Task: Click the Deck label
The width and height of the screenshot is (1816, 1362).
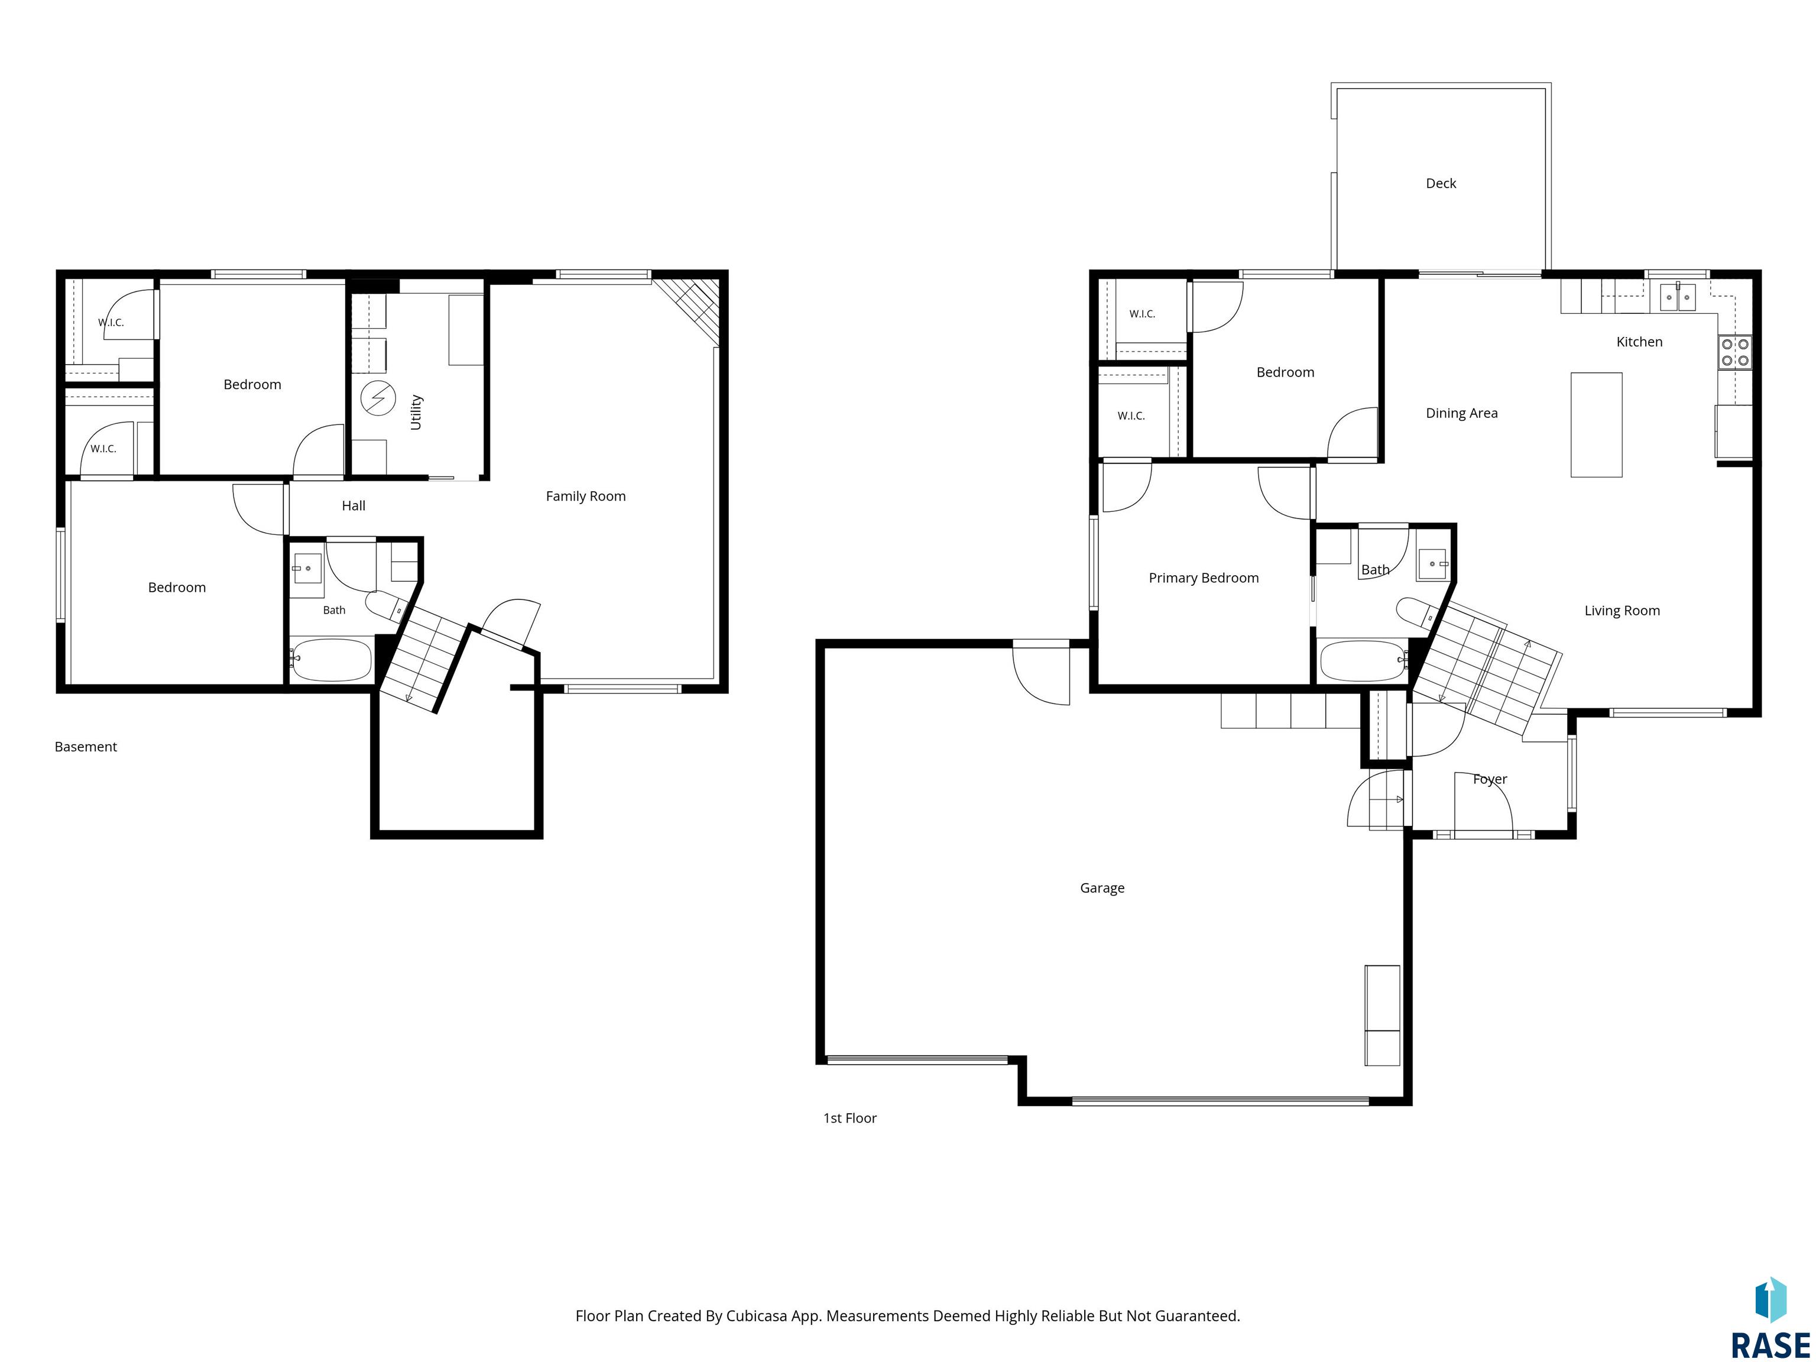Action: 1441,183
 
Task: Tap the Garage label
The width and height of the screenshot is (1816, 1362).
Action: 1102,887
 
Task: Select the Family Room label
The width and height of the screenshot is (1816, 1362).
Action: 585,496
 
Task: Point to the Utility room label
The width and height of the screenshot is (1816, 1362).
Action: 416,412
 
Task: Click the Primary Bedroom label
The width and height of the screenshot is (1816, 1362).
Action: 1204,578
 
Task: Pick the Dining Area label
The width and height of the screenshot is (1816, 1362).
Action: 1461,413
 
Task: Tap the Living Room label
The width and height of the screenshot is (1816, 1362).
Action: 1622,611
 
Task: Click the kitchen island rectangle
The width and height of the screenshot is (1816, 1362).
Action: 1596,424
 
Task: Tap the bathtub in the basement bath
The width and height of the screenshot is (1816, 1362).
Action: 332,660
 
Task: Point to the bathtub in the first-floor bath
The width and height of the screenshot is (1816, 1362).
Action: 1362,661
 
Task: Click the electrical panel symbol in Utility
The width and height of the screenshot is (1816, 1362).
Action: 378,399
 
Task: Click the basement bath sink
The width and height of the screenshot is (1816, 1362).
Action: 307,568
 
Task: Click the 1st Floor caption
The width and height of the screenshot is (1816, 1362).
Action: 849,1118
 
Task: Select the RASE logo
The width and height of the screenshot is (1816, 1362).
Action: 1770,1318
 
